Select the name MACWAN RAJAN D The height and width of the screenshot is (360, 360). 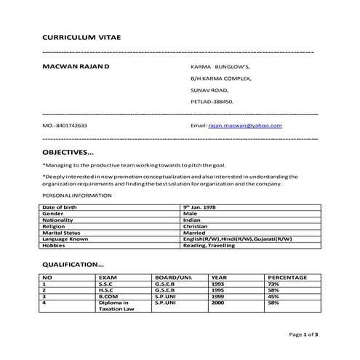click(76, 65)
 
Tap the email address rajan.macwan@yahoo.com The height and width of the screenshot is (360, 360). click(245, 126)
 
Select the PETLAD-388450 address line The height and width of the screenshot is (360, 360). click(212, 102)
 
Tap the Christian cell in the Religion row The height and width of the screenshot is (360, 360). click(197, 226)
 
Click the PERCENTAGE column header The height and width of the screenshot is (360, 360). click(289, 277)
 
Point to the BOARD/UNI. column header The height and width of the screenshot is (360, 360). click(173, 277)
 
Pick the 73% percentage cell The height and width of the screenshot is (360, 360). click(273, 284)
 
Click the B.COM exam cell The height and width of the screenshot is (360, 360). click(108, 296)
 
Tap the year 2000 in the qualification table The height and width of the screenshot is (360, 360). click(217, 302)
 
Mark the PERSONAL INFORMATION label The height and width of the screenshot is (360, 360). click(77, 196)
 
